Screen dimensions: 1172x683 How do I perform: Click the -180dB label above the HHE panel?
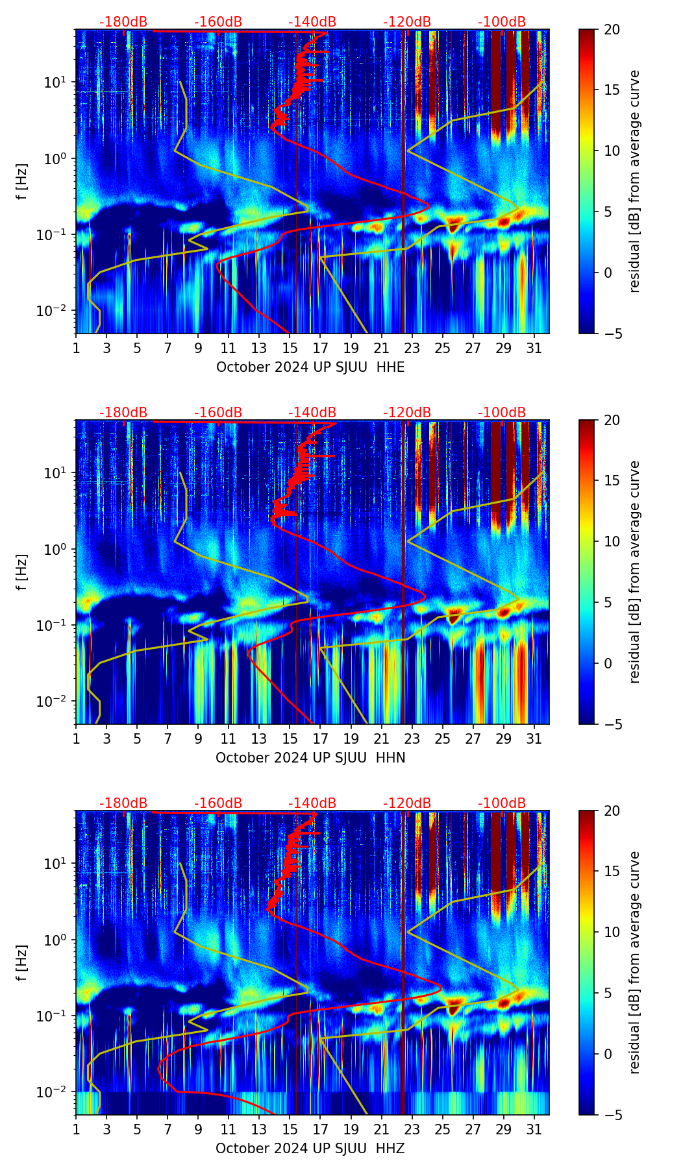point(123,22)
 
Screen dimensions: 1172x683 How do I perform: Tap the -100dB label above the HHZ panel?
point(502,803)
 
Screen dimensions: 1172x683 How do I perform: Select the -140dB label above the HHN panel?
point(312,413)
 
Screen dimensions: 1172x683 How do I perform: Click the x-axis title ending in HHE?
point(310,367)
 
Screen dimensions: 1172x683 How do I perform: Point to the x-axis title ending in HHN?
point(310,758)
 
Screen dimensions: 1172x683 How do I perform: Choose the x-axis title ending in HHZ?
point(310,1149)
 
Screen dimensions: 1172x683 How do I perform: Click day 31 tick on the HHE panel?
point(534,348)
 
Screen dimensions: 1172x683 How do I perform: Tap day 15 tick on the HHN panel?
point(290,739)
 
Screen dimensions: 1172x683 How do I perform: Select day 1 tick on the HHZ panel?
point(77,1130)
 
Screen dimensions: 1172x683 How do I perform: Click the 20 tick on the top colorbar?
point(612,29)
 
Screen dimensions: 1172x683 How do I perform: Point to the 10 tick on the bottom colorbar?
point(612,933)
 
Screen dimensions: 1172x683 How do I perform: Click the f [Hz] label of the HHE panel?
point(22,182)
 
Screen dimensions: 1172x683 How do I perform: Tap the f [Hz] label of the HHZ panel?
point(22,963)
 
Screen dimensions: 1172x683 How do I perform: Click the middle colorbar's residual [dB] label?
point(634,572)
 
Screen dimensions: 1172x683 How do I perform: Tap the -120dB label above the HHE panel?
point(407,22)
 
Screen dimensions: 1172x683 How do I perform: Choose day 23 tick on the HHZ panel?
point(412,1130)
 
